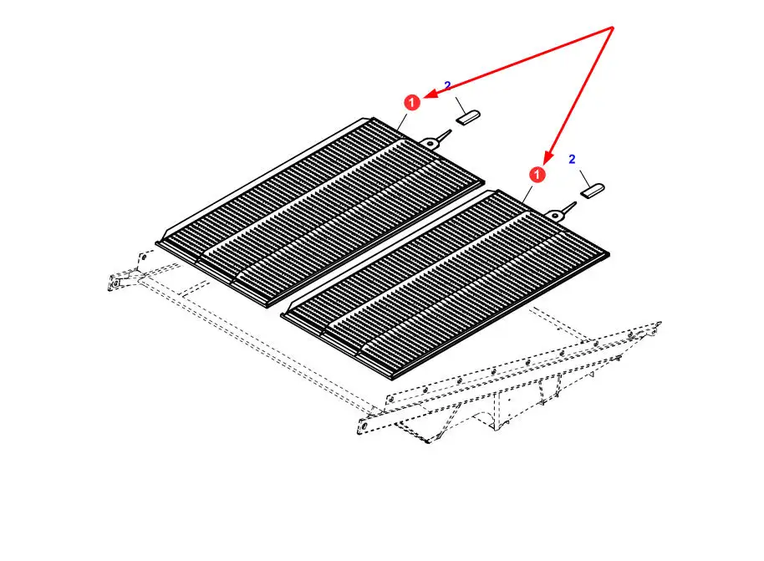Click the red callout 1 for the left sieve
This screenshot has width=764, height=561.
tap(412, 102)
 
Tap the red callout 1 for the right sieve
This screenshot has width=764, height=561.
tap(537, 175)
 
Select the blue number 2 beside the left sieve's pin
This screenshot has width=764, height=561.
tap(448, 86)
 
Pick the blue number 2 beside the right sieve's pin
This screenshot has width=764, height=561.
tap(572, 159)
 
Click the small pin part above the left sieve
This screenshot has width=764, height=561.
tap(468, 118)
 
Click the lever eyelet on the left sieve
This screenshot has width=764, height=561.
tap(430, 142)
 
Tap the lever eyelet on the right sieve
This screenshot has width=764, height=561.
tap(554, 215)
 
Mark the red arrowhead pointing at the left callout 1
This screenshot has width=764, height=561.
tap(430, 94)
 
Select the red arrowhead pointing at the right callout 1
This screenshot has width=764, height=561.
tap(548, 157)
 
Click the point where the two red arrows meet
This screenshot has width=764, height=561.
tap(613, 28)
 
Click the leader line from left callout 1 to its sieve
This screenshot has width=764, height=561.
tap(402, 121)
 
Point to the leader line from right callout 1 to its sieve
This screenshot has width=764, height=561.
tap(527, 193)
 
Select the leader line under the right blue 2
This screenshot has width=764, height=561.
tap(584, 178)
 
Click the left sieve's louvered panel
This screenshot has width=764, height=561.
tap(320, 212)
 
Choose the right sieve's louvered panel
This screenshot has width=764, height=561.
tap(446, 284)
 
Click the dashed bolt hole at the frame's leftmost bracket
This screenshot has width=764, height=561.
tap(115, 283)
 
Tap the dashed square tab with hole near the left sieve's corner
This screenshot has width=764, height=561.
tap(145, 258)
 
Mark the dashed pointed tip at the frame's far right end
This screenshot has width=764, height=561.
tap(659, 324)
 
